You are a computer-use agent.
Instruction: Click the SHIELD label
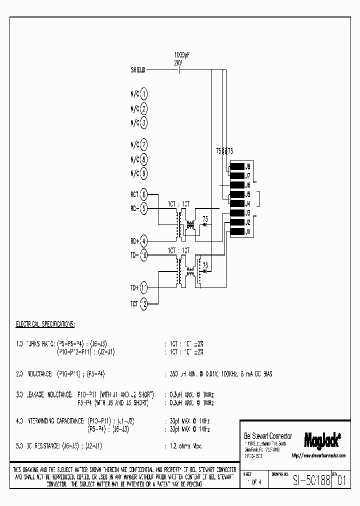point(137,70)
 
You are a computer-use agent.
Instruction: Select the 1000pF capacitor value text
point(181,54)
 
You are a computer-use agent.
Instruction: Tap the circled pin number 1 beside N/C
point(143,94)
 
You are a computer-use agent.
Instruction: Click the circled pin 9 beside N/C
point(143,173)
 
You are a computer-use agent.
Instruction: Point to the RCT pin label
point(135,194)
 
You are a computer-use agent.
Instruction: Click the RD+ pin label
point(135,240)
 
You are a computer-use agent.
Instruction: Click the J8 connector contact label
point(247,166)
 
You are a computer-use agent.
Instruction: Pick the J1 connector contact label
point(247,231)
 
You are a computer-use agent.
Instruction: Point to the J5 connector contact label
point(247,194)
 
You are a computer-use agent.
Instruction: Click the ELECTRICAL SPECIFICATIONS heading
point(45,324)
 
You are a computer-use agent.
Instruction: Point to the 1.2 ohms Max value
point(184,445)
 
